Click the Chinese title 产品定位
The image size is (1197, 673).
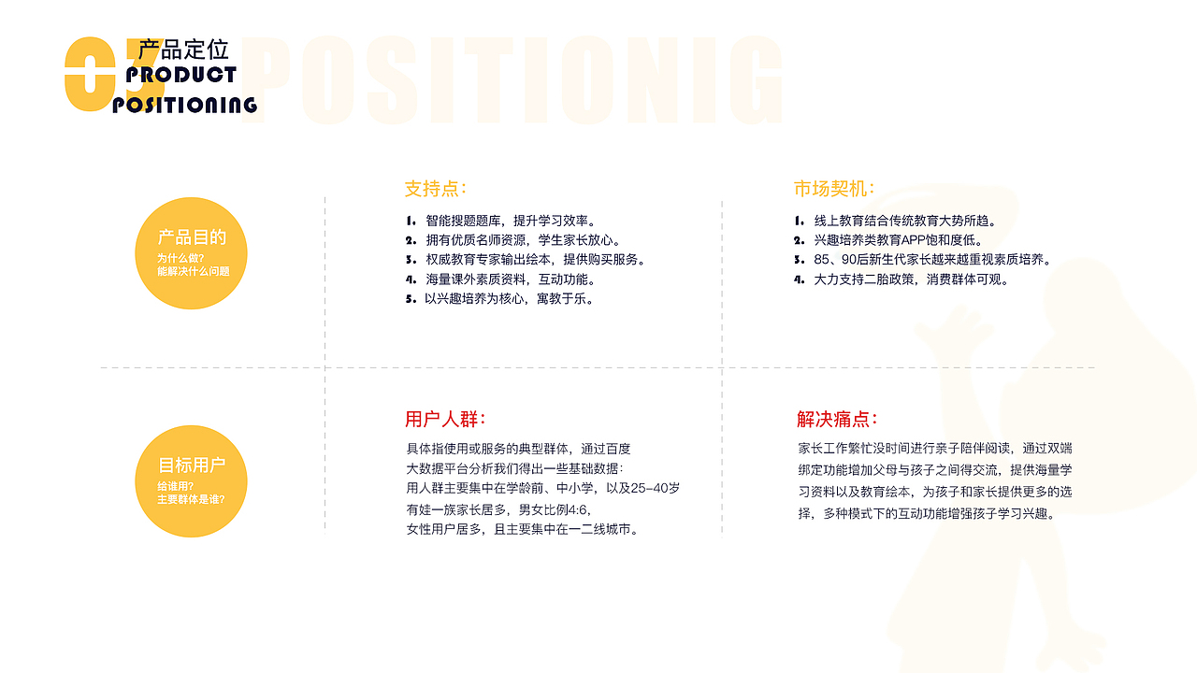[x=183, y=50]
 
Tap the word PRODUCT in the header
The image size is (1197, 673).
[x=181, y=76]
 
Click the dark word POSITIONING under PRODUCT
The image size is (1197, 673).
[x=185, y=106]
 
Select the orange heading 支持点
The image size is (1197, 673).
[x=436, y=189]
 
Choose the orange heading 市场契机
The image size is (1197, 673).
[x=833, y=189]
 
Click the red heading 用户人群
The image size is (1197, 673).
[x=445, y=420]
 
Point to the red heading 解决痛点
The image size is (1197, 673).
[x=837, y=420]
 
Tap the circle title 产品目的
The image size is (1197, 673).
[x=192, y=237]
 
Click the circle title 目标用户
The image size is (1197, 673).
[x=192, y=465]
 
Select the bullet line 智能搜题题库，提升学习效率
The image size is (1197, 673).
[x=511, y=221]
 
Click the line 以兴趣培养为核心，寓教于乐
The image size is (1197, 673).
[x=510, y=298]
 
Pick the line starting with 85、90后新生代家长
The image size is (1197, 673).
[x=932, y=260]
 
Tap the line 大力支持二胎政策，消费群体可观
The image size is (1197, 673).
[x=911, y=279]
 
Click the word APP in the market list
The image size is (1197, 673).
[x=914, y=240]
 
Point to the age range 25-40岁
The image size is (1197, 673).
[x=656, y=488]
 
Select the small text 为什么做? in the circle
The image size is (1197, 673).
[x=180, y=259]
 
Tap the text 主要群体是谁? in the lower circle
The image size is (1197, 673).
[x=191, y=499]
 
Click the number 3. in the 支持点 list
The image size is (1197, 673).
[x=411, y=260]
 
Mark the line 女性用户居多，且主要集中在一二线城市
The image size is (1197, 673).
[x=522, y=529]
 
